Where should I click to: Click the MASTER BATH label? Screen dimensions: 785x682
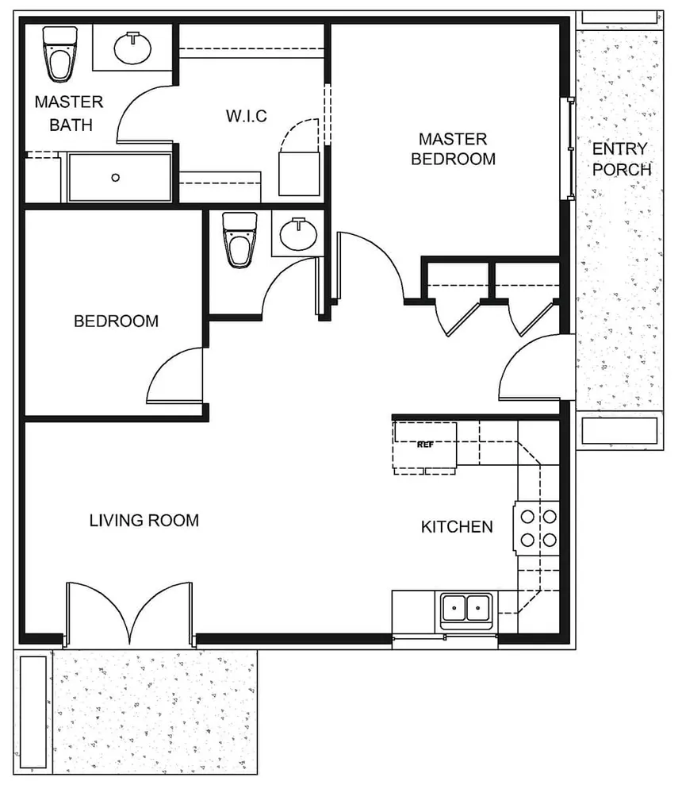click(x=69, y=114)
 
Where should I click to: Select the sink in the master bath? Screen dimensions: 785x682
click(x=132, y=48)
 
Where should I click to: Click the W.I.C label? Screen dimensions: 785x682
click(x=246, y=117)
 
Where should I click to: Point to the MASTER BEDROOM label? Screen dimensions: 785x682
click(x=453, y=149)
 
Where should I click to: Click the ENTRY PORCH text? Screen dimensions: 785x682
click(x=621, y=159)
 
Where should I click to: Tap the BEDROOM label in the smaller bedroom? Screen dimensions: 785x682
click(x=116, y=321)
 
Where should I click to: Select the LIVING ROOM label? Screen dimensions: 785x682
click(x=144, y=521)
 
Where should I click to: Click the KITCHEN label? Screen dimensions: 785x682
click(x=457, y=526)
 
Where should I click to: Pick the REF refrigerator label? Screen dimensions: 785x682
click(x=424, y=445)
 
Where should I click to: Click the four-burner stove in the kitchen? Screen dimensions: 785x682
click(x=538, y=529)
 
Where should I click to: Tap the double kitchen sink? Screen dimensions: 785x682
click(x=466, y=610)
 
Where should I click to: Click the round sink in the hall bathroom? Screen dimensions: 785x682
click(x=299, y=234)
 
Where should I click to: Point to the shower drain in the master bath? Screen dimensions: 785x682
click(x=116, y=178)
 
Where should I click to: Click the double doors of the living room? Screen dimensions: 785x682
click(x=129, y=612)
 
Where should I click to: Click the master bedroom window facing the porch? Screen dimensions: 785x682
click(x=568, y=148)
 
